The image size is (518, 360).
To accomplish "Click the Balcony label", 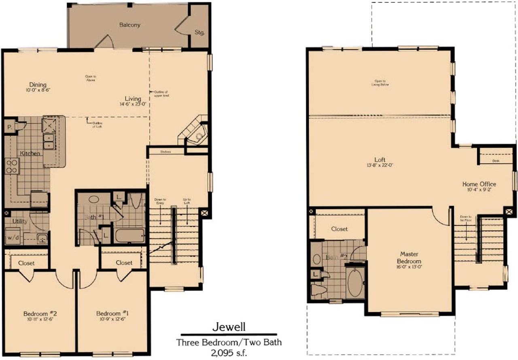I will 129,25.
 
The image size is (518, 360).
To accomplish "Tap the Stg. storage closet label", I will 200,32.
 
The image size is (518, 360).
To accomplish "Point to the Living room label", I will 133,98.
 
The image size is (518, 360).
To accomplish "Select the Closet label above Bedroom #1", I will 124,262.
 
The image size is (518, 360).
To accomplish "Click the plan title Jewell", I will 229,326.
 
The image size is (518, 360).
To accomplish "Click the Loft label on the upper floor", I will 380,159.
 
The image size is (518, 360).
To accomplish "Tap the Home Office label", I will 479,184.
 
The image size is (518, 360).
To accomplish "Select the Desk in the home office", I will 495,161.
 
